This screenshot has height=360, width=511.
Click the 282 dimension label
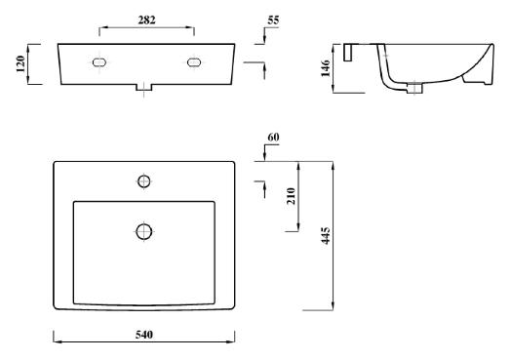click(x=146, y=20)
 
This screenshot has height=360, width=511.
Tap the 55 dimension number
click(x=273, y=20)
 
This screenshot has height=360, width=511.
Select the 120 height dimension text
click(x=20, y=64)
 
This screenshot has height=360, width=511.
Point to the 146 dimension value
click(x=326, y=68)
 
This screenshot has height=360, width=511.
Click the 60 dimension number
click(x=273, y=138)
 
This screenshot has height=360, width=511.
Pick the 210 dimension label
click(x=291, y=196)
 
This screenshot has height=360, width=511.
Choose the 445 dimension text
click(x=326, y=236)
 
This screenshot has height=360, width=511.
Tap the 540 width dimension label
click(x=144, y=335)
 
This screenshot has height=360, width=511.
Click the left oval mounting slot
click(x=99, y=62)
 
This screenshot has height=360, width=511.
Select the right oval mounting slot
click(x=194, y=62)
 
